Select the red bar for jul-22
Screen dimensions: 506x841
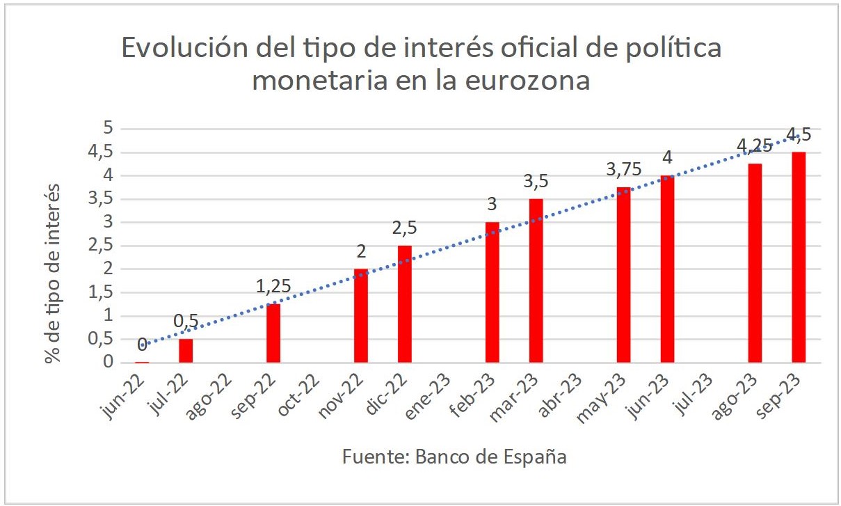point(186,351)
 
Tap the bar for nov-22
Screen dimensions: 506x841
point(361,316)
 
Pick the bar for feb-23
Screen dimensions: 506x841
point(492,292)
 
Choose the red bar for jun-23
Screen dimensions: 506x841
point(667,269)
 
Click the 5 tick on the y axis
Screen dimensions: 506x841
point(107,129)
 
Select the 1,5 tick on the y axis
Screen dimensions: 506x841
point(102,293)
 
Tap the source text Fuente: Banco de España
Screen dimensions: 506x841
point(454,457)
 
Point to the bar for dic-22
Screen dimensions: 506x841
point(405,304)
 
